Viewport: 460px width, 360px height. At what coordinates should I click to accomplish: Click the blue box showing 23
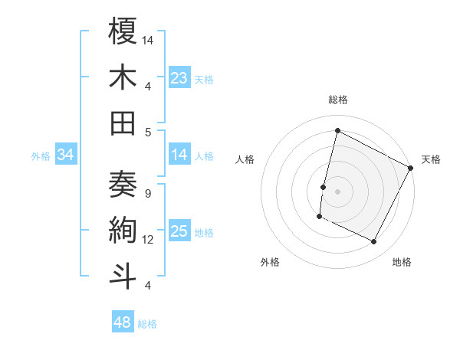[x=179, y=77]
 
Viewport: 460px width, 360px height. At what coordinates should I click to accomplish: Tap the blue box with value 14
[x=179, y=155]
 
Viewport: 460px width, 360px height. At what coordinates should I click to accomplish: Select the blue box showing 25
[x=179, y=231]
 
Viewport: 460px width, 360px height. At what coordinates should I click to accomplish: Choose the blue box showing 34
[x=66, y=155]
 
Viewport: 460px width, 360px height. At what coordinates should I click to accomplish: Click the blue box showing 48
[x=123, y=322]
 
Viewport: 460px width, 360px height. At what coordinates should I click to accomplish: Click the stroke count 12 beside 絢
[x=149, y=240]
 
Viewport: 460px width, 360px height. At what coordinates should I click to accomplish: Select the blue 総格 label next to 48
[x=147, y=324]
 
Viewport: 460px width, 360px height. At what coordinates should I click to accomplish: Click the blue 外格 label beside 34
[x=41, y=156]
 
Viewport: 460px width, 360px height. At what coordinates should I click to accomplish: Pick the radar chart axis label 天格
[x=431, y=159]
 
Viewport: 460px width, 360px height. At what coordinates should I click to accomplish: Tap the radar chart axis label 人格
[x=245, y=159]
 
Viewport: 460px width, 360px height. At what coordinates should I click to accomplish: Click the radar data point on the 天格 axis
[x=411, y=168]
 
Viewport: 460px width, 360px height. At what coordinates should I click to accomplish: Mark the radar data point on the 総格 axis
[x=337, y=130]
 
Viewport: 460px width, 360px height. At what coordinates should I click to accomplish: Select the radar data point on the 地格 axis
[x=374, y=242]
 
